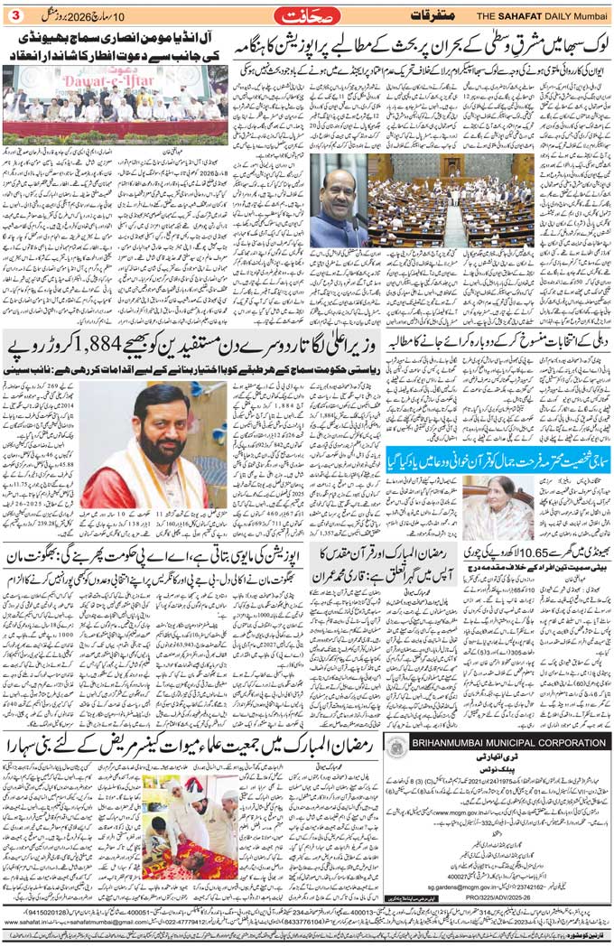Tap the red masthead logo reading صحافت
(306, 15)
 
